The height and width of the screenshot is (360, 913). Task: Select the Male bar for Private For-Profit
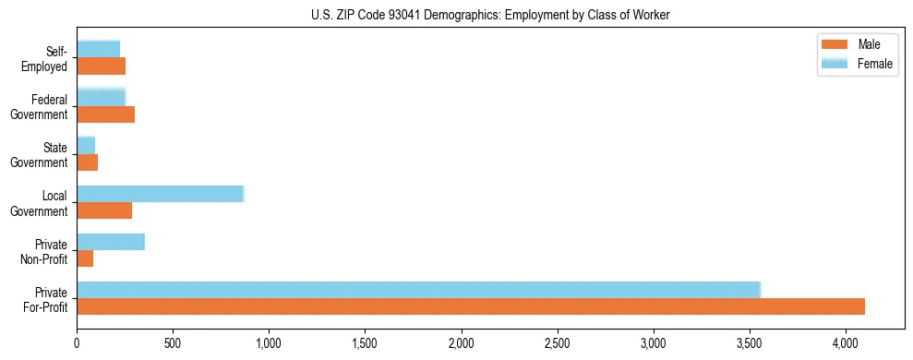pos(471,306)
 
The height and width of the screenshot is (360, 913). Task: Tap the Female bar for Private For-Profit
pos(418,290)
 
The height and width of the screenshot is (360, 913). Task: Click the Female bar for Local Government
pos(160,194)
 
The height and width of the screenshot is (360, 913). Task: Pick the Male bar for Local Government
pos(104,210)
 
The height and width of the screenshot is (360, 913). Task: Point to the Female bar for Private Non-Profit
pos(111,242)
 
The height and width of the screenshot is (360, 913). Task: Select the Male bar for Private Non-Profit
pos(85,258)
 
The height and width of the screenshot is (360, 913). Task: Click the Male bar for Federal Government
pos(106,114)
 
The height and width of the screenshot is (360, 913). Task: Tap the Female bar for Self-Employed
pos(98,49)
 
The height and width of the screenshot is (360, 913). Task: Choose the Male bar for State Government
pos(88,162)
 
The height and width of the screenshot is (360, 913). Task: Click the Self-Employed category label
pos(48,59)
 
